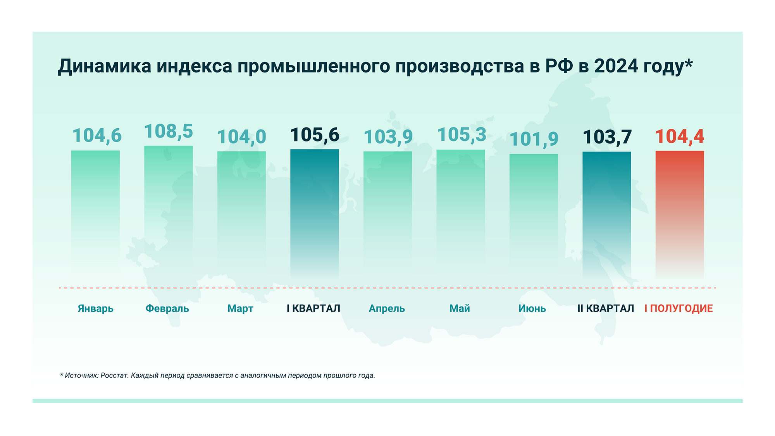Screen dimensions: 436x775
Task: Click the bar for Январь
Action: coord(95,209)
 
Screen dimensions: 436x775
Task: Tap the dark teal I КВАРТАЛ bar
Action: coord(314,213)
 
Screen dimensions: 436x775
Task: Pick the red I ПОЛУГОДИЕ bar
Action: coord(680,213)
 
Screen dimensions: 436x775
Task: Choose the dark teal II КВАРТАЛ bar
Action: coord(606,213)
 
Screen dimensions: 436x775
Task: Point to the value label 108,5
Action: coord(168,132)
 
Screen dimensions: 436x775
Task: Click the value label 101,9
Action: coord(534,140)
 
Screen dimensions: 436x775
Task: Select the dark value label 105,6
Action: coord(314,135)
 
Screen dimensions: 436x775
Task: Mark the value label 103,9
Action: coord(388,137)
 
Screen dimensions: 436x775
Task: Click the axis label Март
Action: coord(240,308)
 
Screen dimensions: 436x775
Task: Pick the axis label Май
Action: coord(460,308)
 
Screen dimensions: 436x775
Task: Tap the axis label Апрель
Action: coord(387,308)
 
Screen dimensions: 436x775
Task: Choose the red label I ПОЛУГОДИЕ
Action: coord(679,308)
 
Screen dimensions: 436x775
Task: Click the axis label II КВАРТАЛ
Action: coord(606,308)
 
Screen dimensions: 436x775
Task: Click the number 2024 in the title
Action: coord(616,66)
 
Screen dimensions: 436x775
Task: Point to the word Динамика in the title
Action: coord(105,66)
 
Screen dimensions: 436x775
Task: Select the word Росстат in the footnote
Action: coord(114,375)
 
